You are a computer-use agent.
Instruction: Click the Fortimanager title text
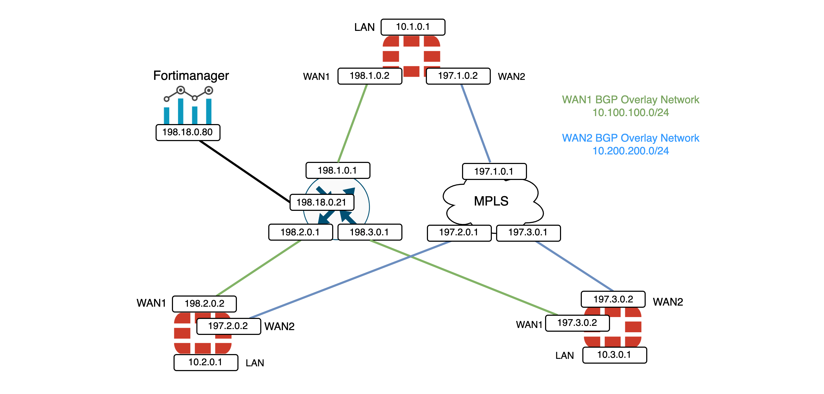coord(191,76)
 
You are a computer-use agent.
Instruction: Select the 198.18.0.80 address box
coord(188,132)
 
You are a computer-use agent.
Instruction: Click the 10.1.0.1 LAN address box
coord(413,27)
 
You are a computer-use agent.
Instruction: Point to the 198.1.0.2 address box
coord(369,76)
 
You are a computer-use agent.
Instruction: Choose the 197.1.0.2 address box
coord(458,76)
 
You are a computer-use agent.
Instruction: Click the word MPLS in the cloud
coord(491,201)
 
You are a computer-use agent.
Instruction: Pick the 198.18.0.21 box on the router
coord(322,202)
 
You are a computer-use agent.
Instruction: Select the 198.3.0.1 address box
coord(369,232)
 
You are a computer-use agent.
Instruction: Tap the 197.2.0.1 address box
coord(459,232)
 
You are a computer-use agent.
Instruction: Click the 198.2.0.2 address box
coord(204,303)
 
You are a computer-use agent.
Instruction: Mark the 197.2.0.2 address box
coord(228,326)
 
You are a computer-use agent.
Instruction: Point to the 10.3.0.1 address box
coord(614,355)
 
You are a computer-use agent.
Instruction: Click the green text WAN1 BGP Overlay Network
coord(631,100)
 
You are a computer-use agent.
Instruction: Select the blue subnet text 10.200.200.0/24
coord(631,151)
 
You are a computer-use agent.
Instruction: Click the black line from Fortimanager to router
coord(245,171)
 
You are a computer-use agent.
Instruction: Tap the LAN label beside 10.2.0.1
coord(255,363)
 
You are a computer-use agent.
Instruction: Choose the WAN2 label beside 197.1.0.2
coord(511,76)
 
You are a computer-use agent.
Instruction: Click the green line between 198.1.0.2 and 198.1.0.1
coord(352,123)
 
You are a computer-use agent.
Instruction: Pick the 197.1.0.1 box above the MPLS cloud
coord(494,171)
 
